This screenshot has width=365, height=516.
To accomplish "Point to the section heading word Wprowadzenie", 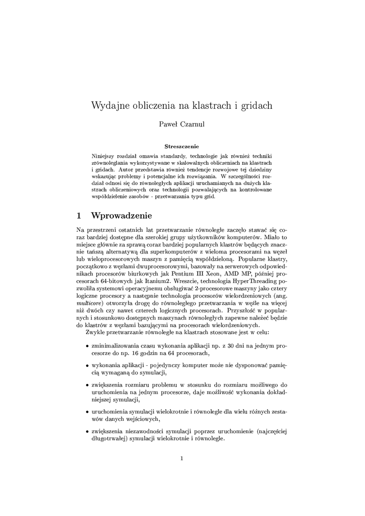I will coord(121,216).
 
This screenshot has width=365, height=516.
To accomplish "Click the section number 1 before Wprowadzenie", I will coord(79,216).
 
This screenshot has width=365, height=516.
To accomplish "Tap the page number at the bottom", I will coord(182,458).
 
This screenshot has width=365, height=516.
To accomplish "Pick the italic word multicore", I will coord(90,304).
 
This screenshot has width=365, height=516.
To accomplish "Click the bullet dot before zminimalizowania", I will coord(87,347).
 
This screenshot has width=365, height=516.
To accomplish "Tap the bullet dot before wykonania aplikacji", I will coord(87,365).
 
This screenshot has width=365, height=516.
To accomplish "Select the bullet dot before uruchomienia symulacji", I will coord(87,412).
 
